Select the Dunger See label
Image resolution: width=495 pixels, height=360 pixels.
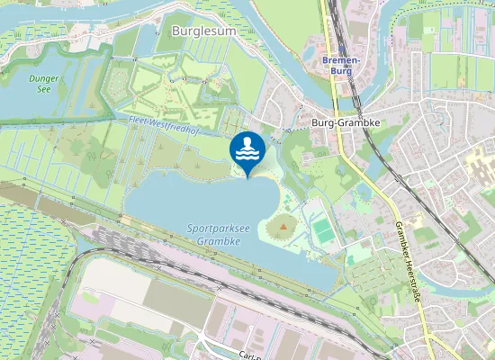(x=43, y=84)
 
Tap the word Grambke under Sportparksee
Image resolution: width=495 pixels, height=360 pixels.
(x=217, y=242)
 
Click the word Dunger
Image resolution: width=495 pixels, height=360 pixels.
(x=43, y=78)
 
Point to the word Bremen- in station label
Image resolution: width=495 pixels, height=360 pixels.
(x=340, y=58)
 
